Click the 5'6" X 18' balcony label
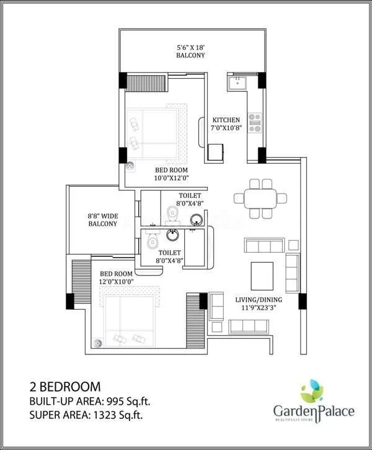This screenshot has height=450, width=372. pos(190,50)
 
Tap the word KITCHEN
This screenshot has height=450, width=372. pos(226,120)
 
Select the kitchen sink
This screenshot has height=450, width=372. pos(237,81)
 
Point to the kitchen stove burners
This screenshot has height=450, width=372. pos(255,122)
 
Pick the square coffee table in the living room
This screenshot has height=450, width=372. pos(262,274)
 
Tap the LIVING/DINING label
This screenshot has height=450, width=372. pos(260,301)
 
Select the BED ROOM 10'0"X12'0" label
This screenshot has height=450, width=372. pos(171,174)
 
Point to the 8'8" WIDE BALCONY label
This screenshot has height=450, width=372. pos(102,220)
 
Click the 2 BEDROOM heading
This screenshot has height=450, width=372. pos(65,387)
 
